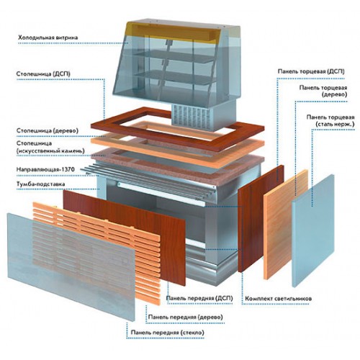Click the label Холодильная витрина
click(x=48, y=37)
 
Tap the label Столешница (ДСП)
click(x=43, y=73)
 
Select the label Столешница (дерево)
click(x=48, y=131)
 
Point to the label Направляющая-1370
click(x=45, y=169)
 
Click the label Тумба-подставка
click(x=40, y=184)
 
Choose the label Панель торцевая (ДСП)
click(x=311, y=71)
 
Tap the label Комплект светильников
click(x=279, y=299)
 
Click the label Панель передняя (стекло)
click(x=168, y=333)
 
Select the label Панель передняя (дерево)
click(x=186, y=317)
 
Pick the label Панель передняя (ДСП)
click(x=199, y=298)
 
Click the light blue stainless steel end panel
click(x=313, y=231)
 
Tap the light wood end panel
click(x=286, y=225)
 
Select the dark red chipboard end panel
click(x=261, y=218)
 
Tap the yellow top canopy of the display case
click(x=174, y=31)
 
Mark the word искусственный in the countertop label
click(x=49, y=151)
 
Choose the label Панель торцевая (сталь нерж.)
click(x=330, y=121)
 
